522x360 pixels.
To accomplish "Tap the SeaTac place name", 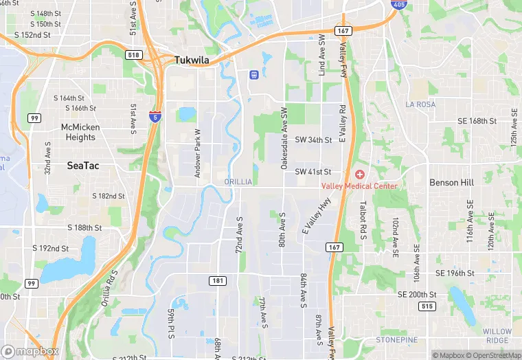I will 84,166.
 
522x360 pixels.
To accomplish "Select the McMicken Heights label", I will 80,132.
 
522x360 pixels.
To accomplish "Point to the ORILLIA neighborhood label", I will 238,181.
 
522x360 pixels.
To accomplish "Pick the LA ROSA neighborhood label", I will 420,104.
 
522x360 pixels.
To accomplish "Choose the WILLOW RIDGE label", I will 497,336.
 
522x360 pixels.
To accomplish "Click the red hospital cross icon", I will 359,175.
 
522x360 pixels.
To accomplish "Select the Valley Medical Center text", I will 359,186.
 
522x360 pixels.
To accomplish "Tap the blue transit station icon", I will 253,74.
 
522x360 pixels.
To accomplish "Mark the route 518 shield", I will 134,54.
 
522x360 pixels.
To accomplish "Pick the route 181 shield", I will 216,280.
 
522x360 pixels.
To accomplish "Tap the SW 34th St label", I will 313,139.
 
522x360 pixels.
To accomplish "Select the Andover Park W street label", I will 198,154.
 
